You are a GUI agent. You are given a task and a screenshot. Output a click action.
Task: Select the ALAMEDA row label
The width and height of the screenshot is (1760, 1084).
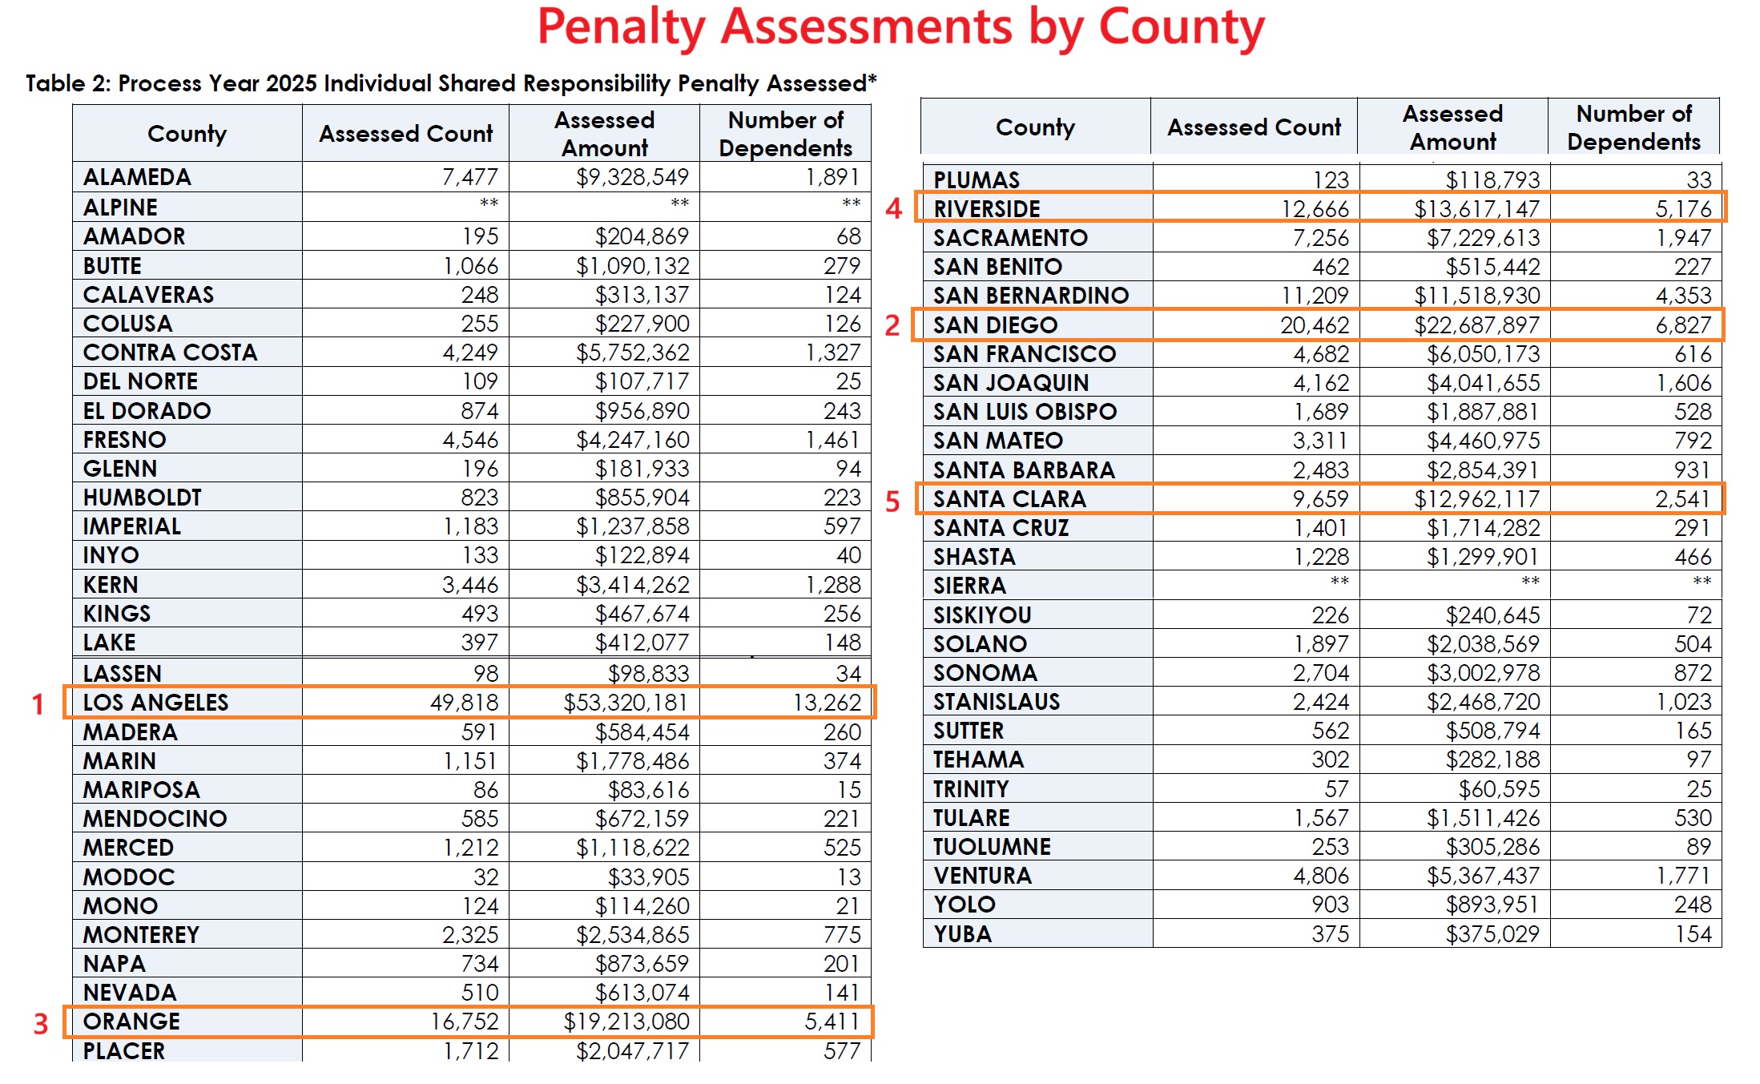[x=137, y=177]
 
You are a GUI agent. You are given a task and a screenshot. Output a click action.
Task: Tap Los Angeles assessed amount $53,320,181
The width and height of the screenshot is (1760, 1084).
[x=626, y=703]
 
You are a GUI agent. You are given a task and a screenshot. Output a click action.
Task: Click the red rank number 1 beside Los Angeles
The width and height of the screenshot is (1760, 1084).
[x=38, y=704]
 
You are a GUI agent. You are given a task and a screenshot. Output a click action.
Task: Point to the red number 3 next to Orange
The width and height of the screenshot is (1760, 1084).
[x=41, y=1024]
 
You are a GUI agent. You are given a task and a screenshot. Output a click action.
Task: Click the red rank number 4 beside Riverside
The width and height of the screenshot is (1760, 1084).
[x=893, y=209]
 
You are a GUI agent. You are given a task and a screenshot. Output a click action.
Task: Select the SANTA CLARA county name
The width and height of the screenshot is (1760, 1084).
[x=1009, y=499]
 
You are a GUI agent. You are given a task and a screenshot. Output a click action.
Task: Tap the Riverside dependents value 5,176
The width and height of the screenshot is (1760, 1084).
[x=1683, y=209]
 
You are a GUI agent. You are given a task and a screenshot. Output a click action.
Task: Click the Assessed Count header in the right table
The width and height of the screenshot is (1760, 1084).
[x=1254, y=127]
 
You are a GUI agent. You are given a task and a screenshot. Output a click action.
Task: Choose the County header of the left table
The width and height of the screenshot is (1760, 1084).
[x=187, y=134]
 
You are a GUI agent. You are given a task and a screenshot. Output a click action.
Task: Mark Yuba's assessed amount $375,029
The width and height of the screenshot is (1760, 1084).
[x=1492, y=934]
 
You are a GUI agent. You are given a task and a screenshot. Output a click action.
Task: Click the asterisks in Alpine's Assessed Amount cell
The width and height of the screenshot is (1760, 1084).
[x=679, y=204]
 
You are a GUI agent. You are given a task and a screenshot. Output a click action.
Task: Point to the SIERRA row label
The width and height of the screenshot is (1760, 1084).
[x=969, y=586]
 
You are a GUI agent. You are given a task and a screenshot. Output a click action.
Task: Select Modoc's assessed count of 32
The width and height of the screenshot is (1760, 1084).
[x=485, y=877]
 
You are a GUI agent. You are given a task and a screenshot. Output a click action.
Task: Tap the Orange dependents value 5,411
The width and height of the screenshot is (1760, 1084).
[x=832, y=1022]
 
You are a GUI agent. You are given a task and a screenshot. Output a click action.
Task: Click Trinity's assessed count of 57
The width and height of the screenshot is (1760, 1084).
[x=1335, y=789]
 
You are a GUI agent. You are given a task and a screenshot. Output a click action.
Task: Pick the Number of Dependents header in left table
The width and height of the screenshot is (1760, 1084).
[x=785, y=134]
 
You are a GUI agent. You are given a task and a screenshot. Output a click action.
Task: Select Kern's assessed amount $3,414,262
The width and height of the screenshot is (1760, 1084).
[x=632, y=585]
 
